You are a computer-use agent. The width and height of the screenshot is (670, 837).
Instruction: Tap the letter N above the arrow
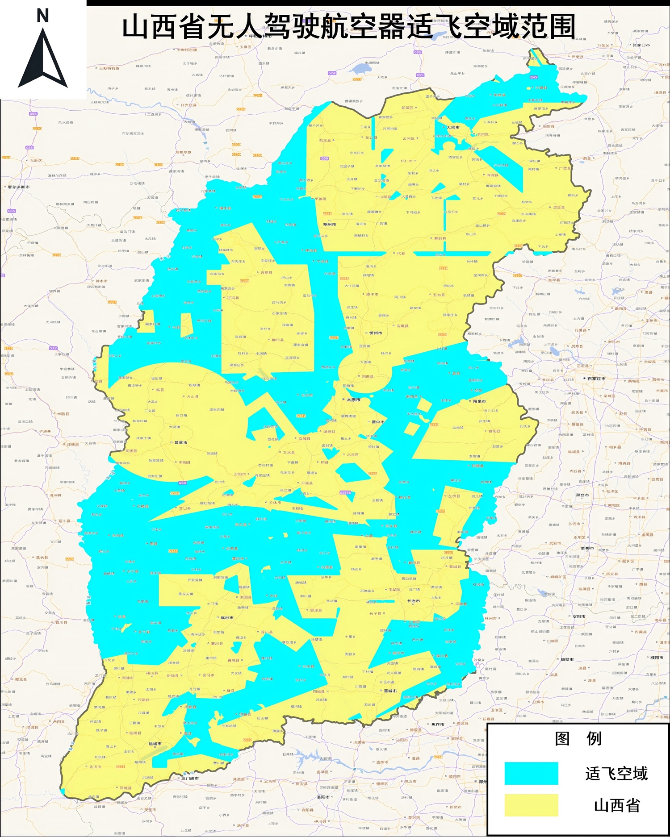tap(42, 16)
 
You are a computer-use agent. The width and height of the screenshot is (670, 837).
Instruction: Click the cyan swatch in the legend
tap(531, 773)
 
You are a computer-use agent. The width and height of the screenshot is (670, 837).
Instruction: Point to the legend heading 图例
tap(578, 739)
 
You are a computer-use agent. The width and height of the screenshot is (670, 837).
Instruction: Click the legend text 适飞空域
tap(616, 773)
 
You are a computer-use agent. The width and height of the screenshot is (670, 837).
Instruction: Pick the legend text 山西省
tap(616, 805)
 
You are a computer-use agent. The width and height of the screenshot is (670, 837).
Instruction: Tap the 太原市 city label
tap(353, 400)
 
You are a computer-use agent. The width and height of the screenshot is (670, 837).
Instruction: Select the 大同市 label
tap(453, 127)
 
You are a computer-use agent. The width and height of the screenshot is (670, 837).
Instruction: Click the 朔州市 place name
tap(330, 225)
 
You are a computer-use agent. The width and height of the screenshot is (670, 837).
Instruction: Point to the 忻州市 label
tap(376, 333)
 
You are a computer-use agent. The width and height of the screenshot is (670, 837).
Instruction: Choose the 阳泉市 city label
tap(479, 401)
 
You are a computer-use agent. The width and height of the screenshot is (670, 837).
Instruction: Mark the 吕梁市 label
tap(180, 442)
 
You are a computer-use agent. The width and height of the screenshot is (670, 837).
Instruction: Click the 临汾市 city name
tap(227, 618)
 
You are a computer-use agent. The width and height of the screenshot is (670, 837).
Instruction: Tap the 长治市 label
tap(414, 601)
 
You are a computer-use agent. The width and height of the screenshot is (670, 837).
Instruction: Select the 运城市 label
tap(155, 744)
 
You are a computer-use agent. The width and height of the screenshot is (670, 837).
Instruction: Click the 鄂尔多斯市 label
tap(19, 187)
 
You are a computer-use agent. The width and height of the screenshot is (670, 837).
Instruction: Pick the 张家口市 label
tap(641, 45)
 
